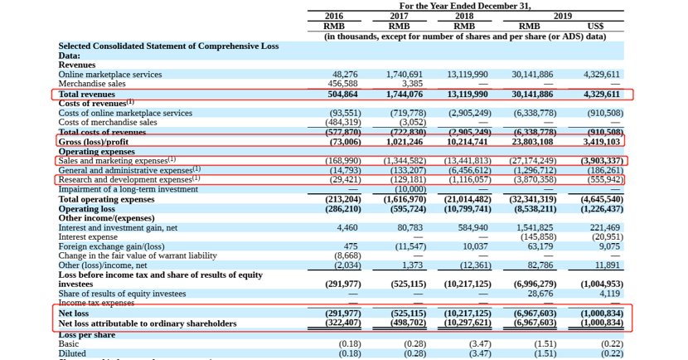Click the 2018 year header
coord(464,16)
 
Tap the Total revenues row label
coord(86,95)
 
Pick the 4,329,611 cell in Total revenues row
coord(601,95)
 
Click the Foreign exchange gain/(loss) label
coord(111,246)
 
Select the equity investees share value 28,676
coord(540,294)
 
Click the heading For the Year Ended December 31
coord(464,6)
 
